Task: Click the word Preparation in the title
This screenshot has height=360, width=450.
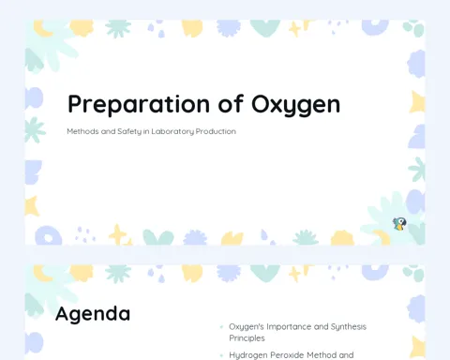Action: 139,104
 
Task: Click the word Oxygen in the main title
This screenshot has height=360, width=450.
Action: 295,104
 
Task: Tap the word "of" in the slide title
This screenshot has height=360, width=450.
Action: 231,103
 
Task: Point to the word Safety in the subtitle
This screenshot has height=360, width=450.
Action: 129,131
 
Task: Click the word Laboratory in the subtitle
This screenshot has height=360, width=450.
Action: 172,131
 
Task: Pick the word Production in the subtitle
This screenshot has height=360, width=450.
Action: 216,131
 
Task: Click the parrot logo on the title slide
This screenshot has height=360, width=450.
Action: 399,224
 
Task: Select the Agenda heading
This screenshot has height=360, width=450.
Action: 93,314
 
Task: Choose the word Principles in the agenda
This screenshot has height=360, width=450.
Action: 247,338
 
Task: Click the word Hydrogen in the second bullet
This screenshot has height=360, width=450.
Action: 248,355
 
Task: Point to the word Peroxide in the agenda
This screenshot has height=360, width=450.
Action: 287,355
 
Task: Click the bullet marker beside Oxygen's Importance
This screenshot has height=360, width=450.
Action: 221,327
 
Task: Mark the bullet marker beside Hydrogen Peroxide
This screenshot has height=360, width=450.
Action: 221,355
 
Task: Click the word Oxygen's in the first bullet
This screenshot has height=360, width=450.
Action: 247,327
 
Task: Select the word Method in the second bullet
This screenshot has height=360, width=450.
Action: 322,355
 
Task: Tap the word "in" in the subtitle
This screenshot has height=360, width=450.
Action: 146,131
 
